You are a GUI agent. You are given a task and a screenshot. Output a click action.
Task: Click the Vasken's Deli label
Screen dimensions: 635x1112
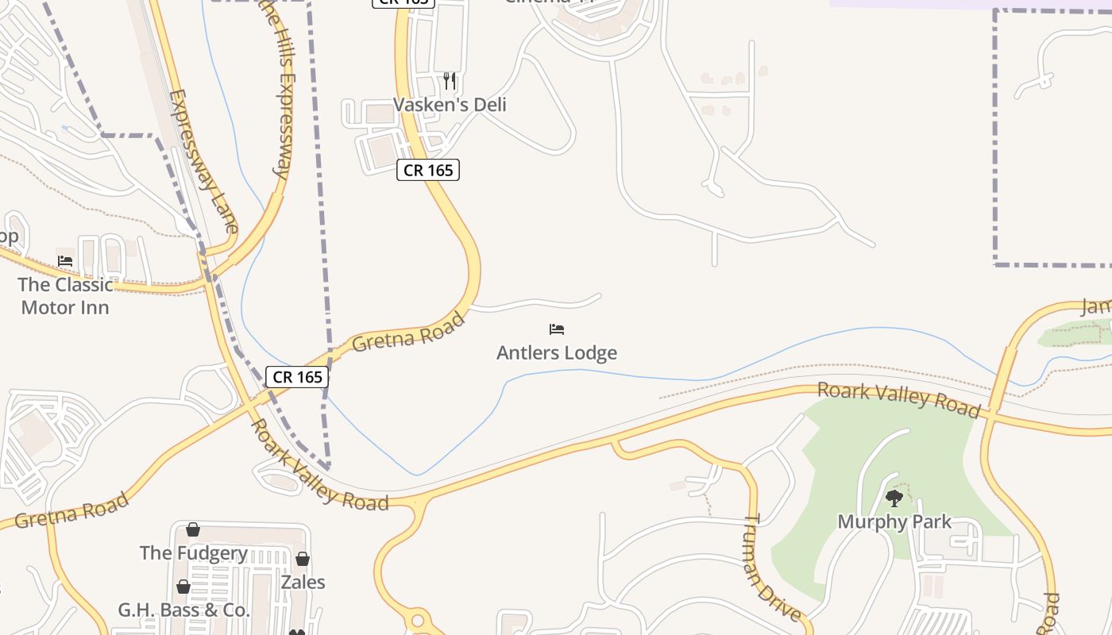pos(450,105)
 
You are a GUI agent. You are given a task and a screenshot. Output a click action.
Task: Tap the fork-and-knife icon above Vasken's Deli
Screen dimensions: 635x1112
pos(450,80)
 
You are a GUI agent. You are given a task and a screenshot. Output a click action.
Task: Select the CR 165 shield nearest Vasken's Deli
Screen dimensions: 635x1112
pos(428,170)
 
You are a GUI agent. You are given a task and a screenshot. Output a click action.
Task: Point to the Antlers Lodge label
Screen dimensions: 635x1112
pos(556,352)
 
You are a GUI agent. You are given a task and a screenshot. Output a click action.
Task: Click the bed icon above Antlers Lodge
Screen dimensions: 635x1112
pos(556,329)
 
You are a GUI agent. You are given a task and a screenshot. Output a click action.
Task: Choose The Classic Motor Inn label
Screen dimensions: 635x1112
pos(65,296)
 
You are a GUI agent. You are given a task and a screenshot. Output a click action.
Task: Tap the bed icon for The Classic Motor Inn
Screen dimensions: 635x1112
pos(65,260)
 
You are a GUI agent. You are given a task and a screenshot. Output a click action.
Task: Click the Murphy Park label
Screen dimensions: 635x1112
pos(894,521)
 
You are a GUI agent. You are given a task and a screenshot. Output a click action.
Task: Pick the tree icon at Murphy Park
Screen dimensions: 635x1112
pos(894,498)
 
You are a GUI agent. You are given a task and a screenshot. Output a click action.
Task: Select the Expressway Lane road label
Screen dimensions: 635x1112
pos(203,161)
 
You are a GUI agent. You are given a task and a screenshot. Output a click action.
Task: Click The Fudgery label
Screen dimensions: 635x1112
pos(194,552)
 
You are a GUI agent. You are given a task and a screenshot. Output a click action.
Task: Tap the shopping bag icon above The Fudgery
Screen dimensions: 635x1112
pos(193,529)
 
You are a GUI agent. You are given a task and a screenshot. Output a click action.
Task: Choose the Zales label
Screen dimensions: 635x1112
pos(303,582)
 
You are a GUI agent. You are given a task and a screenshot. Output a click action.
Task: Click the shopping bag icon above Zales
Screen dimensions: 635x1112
pos(303,559)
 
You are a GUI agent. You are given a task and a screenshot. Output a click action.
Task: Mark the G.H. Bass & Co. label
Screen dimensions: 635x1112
pos(183,610)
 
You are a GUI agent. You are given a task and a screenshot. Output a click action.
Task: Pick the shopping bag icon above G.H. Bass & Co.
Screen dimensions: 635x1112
pos(183,587)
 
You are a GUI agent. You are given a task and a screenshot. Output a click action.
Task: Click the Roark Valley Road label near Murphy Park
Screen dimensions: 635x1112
pos(898,399)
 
